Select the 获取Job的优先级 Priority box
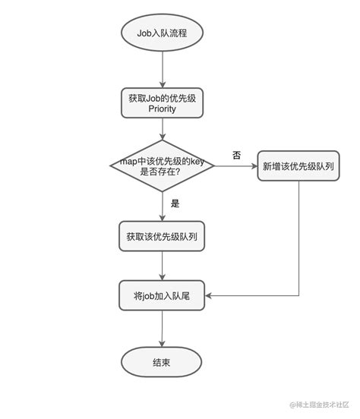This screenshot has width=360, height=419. [x=163, y=103]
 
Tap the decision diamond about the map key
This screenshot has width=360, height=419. [x=163, y=166]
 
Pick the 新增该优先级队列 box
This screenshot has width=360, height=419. [x=298, y=165]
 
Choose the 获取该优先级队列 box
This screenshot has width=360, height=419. [x=163, y=236]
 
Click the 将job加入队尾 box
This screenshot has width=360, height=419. [x=163, y=295]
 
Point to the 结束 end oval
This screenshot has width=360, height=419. [x=162, y=362]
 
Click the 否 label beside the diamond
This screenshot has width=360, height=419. [x=236, y=155]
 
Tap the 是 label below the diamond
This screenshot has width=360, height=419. [x=175, y=203]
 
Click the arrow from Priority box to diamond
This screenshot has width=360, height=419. [x=163, y=129]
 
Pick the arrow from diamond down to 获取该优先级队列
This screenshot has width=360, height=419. [x=163, y=205]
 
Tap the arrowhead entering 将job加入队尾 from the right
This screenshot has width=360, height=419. [x=210, y=295]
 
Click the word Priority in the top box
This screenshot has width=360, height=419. [x=163, y=109]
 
